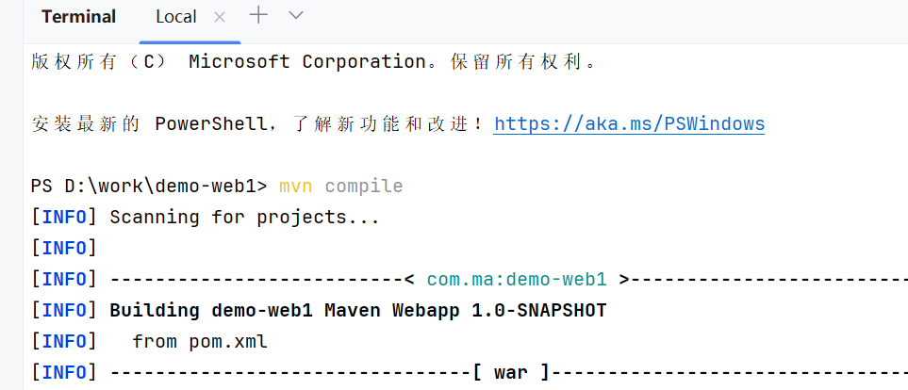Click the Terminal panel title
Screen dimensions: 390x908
(79, 17)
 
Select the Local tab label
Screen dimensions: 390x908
(176, 17)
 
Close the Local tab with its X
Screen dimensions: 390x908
(220, 17)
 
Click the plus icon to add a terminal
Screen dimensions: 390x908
(258, 15)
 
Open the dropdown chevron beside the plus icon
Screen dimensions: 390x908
(295, 15)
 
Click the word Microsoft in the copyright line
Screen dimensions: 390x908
(239, 62)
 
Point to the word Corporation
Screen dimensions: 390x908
(364, 62)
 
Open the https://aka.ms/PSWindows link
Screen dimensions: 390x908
(629, 124)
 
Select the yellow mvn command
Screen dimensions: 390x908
(296, 187)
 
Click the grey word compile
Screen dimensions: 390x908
(364, 187)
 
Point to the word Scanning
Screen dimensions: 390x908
(155, 218)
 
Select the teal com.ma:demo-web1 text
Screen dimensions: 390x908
(517, 280)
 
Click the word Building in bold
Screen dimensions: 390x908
(155, 311)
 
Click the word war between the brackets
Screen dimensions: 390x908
(511, 373)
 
